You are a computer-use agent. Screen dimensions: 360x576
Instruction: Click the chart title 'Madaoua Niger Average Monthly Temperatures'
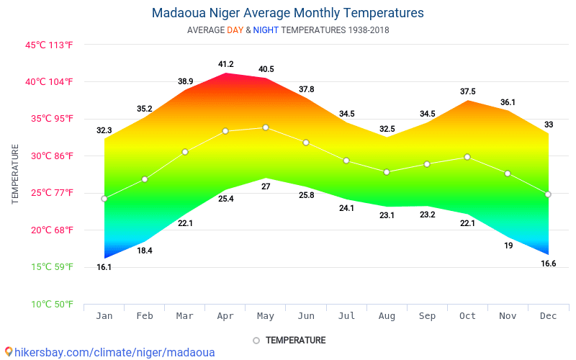click(x=287, y=13)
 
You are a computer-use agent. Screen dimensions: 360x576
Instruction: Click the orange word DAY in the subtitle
click(x=235, y=30)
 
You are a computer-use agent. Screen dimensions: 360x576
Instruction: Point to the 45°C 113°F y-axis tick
click(x=49, y=45)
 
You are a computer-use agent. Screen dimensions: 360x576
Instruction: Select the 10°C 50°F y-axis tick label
click(x=49, y=305)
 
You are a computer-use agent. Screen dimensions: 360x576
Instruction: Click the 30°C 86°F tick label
click(x=49, y=156)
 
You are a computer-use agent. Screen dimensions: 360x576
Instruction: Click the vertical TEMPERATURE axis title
click(x=15, y=174)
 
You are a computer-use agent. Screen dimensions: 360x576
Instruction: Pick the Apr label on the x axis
click(x=225, y=315)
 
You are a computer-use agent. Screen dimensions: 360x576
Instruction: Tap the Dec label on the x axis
click(x=549, y=315)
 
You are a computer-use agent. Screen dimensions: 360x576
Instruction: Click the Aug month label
click(x=387, y=315)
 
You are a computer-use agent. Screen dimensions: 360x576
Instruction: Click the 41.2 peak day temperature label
click(x=226, y=65)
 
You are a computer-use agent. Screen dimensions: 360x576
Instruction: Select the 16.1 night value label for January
click(x=104, y=267)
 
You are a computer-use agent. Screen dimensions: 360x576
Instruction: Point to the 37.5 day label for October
click(x=468, y=91)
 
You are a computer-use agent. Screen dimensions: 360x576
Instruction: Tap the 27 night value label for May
click(x=266, y=186)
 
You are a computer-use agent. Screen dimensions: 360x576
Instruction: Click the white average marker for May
click(x=266, y=127)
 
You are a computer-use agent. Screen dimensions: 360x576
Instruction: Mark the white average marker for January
click(x=104, y=199)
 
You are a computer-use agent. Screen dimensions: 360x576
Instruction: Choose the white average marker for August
click(x=387, y=172)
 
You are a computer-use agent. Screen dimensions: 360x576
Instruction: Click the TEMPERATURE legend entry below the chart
click(x=295, y=340)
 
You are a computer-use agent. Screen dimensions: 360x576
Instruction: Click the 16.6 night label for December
click(x=549, y=264)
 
